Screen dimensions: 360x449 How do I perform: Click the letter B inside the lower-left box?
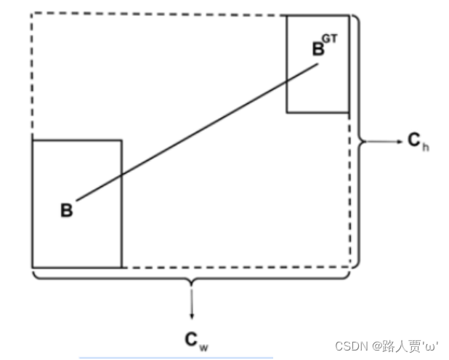(x=66, y=211)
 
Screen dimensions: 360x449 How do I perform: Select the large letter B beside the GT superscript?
(x=318, y=49)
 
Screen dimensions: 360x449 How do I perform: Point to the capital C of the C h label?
(x=413, y=140)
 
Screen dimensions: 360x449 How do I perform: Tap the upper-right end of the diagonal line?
(x=318, y=65)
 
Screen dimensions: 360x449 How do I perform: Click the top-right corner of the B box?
(x=121, y=140)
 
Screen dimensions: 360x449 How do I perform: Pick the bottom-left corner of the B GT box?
(x=286, y=113)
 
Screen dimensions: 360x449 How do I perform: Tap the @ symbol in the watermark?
(x=368, y=346)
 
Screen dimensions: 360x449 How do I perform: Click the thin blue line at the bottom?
(x=176, y=357)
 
